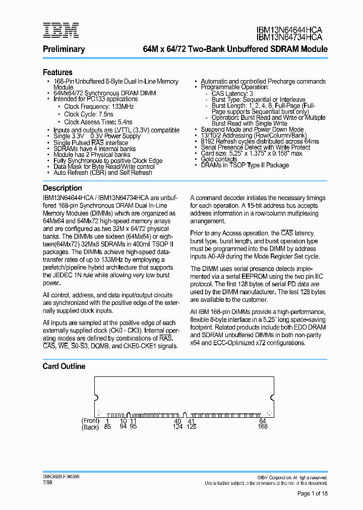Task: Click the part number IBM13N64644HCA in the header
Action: [289, 30]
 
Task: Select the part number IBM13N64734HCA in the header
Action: [289, 37]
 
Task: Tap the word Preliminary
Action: [64, 49]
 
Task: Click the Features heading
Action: [57, 73]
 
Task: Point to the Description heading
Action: [62, 187]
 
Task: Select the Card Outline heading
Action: [64, 366]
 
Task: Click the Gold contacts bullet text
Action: [219, 159]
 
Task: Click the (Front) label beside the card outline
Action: [91, 421]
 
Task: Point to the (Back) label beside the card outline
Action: [91, 427]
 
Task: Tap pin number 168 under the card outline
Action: [262, 427]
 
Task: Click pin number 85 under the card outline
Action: [107, 427]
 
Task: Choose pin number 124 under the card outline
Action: [177, 427]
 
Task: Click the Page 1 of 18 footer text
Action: [313, 493]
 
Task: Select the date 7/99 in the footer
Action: [47, 482]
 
